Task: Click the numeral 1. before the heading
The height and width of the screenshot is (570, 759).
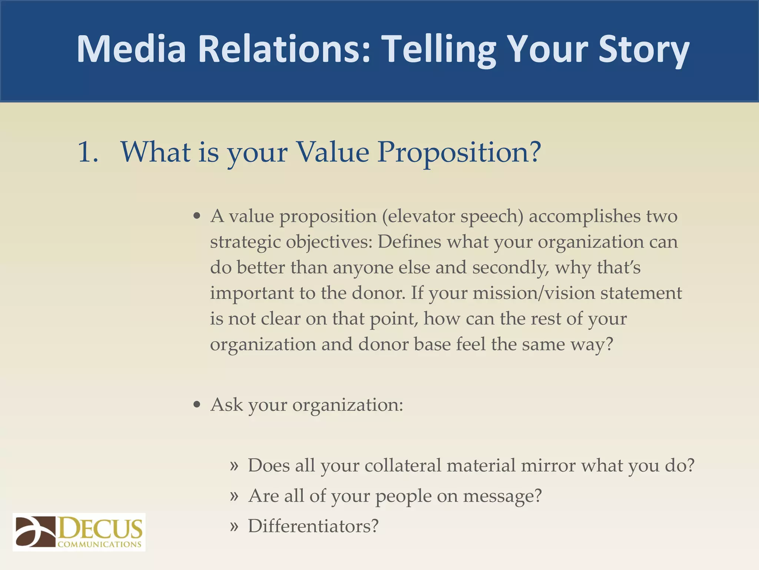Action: point(88,152)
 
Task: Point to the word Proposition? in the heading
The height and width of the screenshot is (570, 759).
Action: point(459,152)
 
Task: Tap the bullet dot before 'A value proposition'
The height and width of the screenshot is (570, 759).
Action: point(197,216)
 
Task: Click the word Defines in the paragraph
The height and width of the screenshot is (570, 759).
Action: point(410,242)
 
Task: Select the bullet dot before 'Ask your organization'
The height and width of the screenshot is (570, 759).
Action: point(197,405)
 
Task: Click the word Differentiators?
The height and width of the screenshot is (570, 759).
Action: point(313,526)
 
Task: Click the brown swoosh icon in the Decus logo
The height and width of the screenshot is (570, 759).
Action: point(35,531)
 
